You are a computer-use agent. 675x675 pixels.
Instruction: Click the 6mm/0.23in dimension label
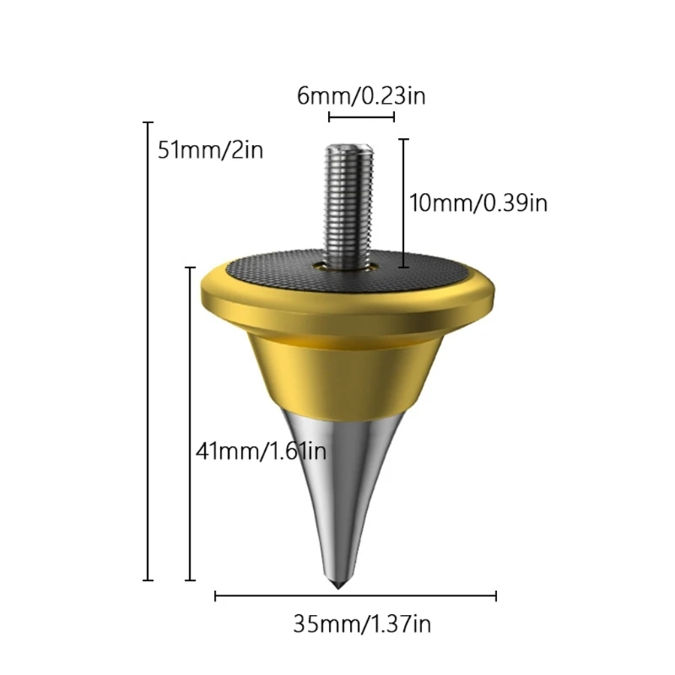361,95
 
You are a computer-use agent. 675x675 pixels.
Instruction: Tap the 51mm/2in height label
210,150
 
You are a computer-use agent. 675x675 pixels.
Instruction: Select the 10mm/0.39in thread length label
478,202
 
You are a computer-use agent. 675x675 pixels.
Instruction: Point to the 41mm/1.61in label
261,451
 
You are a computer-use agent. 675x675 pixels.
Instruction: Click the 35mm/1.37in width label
362,624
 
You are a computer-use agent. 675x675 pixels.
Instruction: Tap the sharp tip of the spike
338,588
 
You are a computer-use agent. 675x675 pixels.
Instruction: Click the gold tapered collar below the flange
346,370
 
